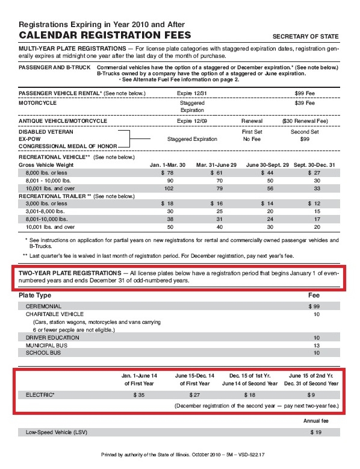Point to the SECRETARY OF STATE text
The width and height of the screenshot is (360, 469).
305,37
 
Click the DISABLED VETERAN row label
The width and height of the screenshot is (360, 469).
46,131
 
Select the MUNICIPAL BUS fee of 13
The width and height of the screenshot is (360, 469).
316,346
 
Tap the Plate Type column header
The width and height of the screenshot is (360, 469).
35,296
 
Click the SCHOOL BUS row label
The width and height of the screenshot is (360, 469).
43,353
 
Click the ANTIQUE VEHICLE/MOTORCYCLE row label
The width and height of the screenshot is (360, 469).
63,121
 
